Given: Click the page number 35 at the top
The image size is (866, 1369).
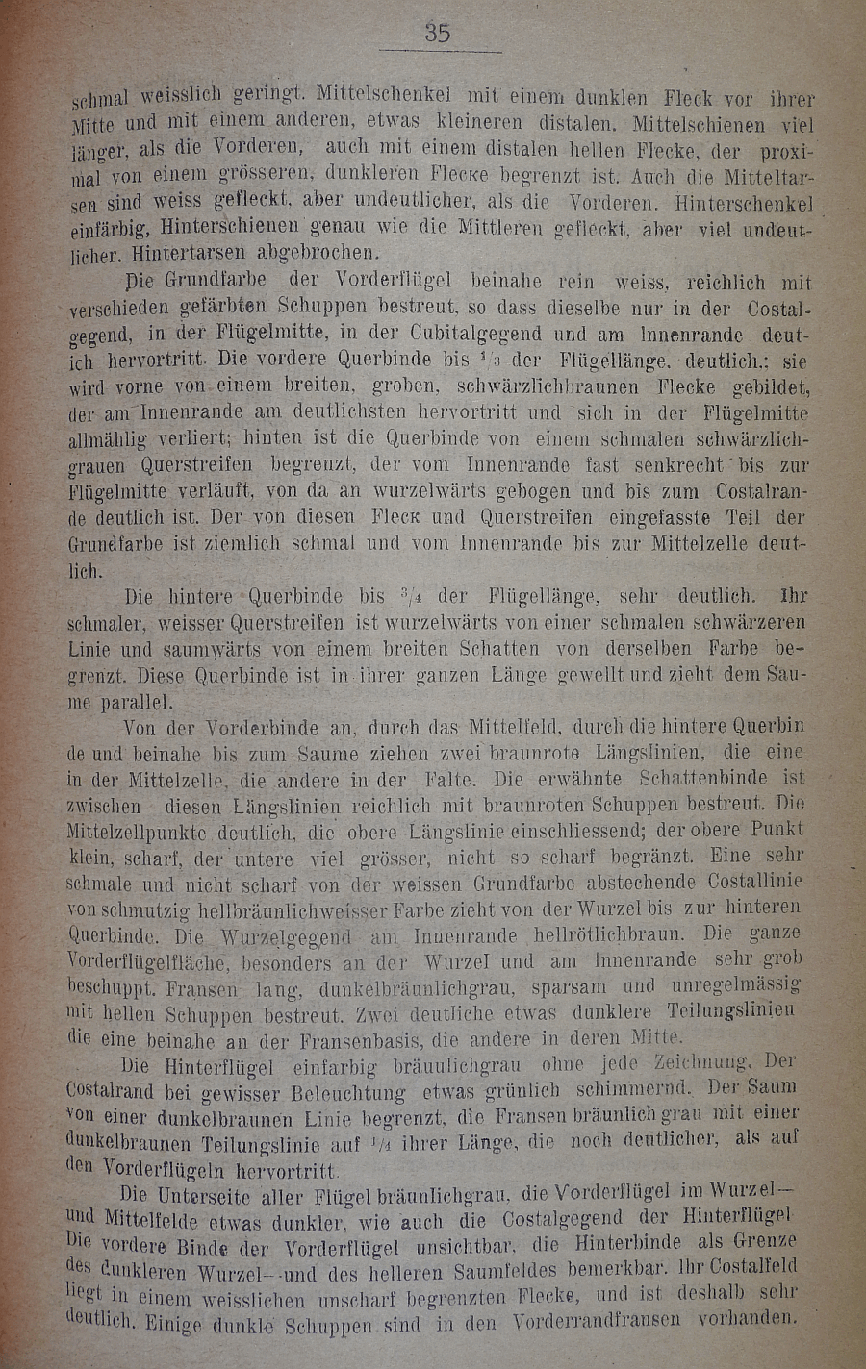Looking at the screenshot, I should [438, 33].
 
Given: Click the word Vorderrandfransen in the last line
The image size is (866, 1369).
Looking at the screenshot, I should [609, 1321].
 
